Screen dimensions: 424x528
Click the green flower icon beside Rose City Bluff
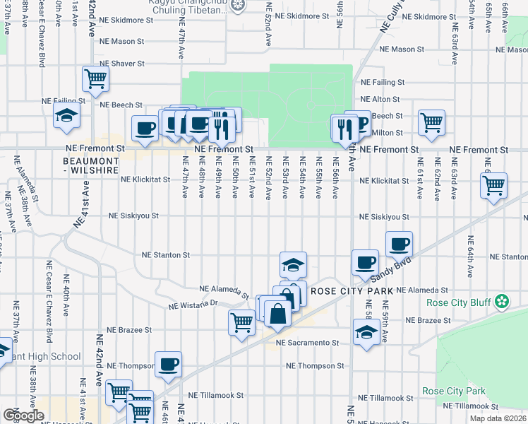pyautogui.click(x=502, y=302)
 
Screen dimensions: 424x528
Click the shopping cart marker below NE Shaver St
pyautogui.click(x=95, y=79)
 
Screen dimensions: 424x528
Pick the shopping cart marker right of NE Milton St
pyautogui.click(x=431, y=122)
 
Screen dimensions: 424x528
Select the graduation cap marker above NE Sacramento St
pyautogui.click(x=366, y=333)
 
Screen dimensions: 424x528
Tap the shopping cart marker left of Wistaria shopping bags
pyautogui.click(x=242, y=323)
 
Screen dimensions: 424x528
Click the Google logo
pyautogui.click(x=23, y=416)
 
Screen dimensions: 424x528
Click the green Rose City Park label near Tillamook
pyautogui.click(x=454, y=391)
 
